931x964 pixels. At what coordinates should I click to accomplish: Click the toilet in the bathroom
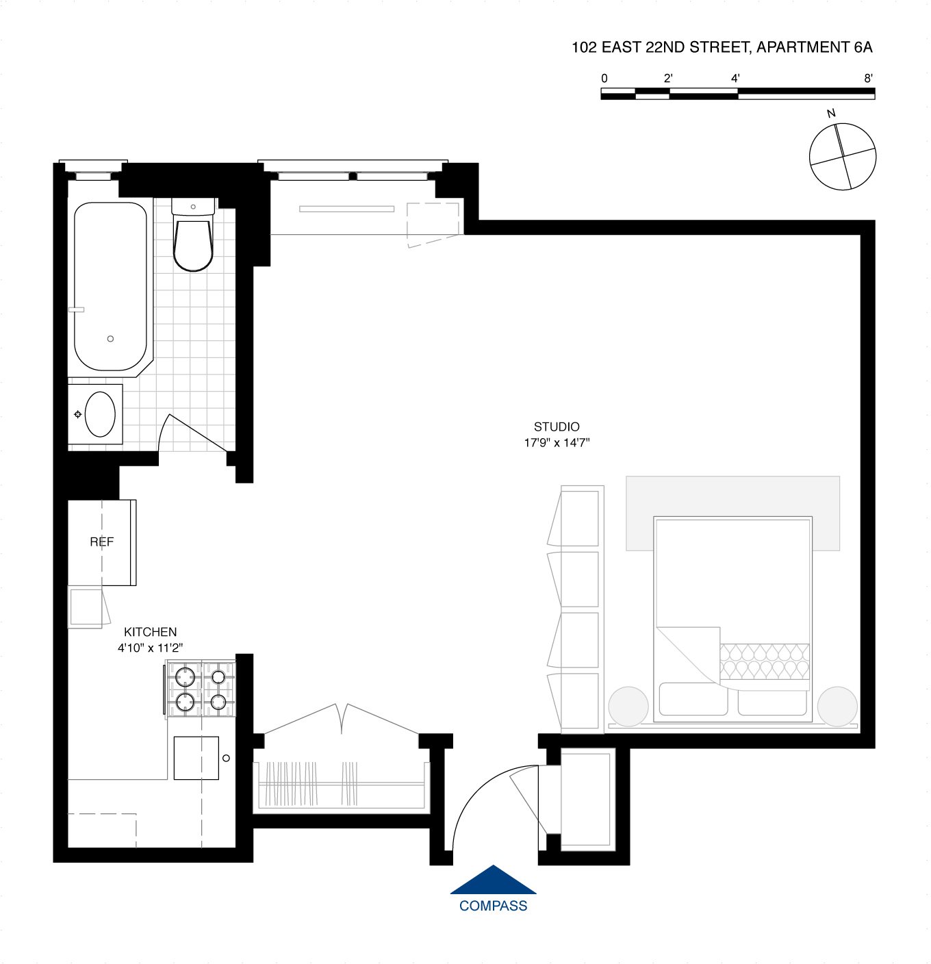(193, 243)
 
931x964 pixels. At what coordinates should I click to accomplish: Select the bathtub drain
(110, 339)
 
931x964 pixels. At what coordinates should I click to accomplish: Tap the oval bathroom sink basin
(100, 414)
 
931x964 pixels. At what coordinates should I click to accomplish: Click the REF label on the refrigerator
(101, 542)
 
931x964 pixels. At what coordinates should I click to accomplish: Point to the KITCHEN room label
(150, 632)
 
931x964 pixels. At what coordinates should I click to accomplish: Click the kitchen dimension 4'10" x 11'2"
(150, 648)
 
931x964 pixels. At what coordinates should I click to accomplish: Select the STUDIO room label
(556, 427)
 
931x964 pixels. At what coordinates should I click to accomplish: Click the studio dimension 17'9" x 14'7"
(556, 443)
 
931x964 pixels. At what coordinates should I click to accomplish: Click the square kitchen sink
(196, 758)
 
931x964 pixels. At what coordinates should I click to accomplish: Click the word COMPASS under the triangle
(493, 906)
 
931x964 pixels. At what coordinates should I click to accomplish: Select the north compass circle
(843, 157)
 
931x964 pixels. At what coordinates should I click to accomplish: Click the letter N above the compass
(831, 114)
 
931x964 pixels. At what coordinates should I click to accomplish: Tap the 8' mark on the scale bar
(868, 78)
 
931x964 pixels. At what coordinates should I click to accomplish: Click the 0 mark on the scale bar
(604, 78)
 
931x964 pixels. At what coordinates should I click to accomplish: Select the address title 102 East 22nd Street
(722, 47)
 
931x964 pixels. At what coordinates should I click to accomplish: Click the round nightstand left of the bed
(628, 706)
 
